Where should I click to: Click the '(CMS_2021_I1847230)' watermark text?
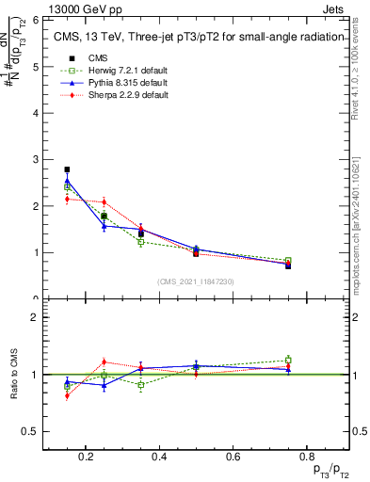[195, 281]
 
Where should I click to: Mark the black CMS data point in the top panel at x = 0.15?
[67, 169]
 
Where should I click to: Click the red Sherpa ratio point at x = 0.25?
[104, 362]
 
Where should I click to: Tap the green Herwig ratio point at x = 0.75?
[288, 360]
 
